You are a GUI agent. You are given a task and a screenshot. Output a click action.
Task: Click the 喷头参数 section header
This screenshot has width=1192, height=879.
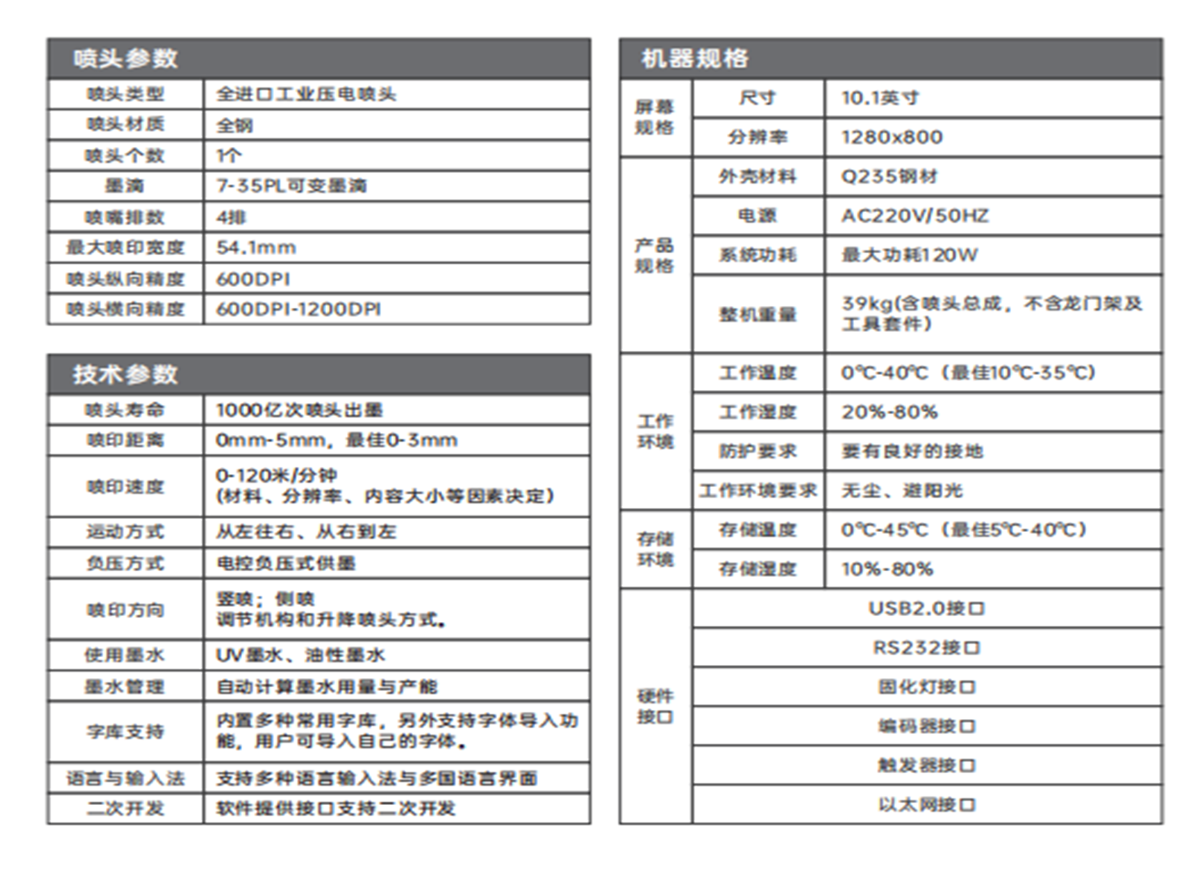tap(126, 58)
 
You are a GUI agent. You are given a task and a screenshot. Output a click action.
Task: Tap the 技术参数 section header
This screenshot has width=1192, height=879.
tap(126, 374)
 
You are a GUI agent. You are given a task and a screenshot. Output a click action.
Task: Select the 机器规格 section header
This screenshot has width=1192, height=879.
tap(695, 58)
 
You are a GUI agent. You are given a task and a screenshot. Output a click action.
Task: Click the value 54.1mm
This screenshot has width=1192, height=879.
tap(257, 248)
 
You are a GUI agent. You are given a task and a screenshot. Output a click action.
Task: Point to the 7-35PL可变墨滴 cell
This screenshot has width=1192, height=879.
tap(291, 186)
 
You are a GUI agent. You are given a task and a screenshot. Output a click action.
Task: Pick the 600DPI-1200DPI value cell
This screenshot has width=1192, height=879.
tap(299, 309)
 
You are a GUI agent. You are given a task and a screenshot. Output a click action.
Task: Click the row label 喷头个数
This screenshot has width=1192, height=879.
tap(125, 155)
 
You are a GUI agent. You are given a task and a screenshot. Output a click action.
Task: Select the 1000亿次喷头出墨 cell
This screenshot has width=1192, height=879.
tap(300, 409)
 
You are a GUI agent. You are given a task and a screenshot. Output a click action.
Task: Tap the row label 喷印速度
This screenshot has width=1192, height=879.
tap(125, 486)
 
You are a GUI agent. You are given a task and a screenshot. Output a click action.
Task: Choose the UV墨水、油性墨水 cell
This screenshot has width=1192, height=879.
tap(301, 655)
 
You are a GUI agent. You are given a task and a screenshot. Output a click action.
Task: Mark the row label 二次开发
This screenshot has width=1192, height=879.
tap(125, 809)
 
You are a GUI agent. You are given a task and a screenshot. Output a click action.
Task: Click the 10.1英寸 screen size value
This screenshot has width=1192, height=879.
tap(881, 98)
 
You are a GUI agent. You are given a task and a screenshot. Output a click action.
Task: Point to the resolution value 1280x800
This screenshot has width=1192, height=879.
tap(892, 137)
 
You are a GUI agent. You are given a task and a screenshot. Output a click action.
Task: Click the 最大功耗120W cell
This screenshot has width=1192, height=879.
tap(910, 255)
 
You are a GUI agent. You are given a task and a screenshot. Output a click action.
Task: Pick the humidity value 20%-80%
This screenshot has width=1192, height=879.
tap(890, 412)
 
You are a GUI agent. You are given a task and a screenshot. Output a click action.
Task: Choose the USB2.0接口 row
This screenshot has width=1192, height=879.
tap(926, 609)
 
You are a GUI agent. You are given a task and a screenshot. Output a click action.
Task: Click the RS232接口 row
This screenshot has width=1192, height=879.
tap(926, 648)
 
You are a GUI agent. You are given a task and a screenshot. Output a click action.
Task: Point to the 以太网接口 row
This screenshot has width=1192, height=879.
tap(926, 805)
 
